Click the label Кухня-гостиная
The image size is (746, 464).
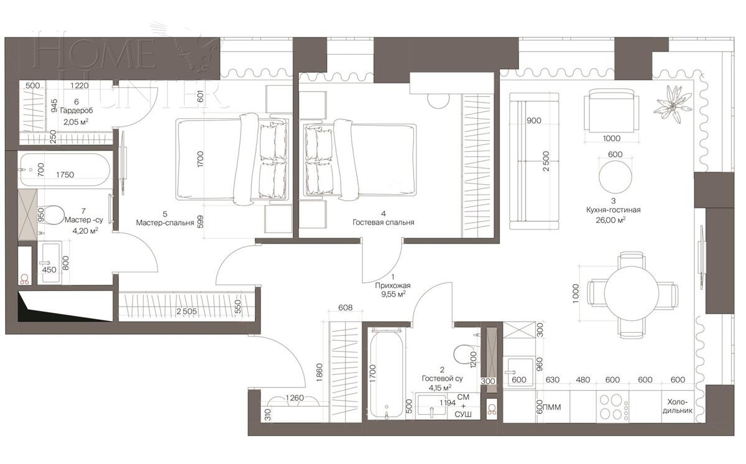click(612, 210)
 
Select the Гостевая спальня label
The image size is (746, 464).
click(383, 222)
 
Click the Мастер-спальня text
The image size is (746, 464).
click(165, 222)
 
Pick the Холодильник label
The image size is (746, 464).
click(679, 406)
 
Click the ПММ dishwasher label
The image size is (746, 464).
click(552, 408)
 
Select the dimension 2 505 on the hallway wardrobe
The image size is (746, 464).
click(189, 312)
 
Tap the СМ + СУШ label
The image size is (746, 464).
click(463, 406)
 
